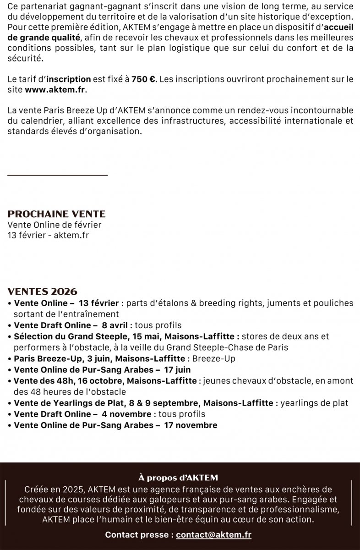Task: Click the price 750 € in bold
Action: click(x=144, y=79)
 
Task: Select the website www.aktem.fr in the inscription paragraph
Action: click(x=55, y=89)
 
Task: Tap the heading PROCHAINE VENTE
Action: click(x=57, y=214)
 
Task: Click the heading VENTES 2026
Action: click(x=43, y=292)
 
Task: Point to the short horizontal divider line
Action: click(x=58, y=175)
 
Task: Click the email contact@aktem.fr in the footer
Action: click(x=213, y=534)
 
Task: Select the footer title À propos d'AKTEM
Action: click(x=180, y=478)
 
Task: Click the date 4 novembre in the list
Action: click(x=127, y=414)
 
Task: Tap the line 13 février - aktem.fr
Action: click(x=48, y=235)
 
